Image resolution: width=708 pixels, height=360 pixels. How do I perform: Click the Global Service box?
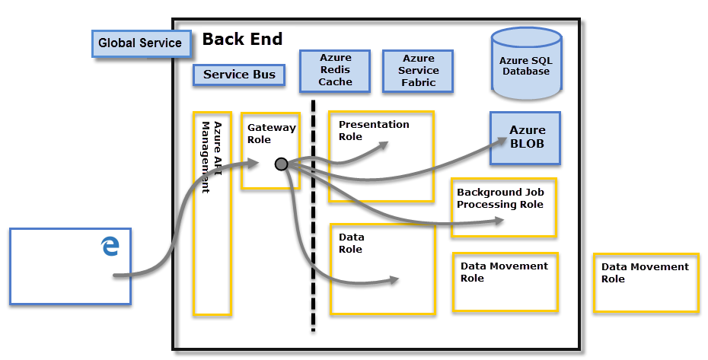coord(140,43)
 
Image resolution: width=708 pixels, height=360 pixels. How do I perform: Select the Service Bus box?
coord(238,75)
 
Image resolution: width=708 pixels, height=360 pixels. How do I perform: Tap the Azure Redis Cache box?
coord(335,72)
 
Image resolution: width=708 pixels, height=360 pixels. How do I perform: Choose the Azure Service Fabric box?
coord(418,71)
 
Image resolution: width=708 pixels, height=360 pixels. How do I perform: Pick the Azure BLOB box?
coord(526,137)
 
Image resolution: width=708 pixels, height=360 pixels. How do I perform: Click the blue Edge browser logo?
coord(110,246)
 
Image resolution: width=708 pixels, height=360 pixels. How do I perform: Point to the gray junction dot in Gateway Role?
coord(281,164)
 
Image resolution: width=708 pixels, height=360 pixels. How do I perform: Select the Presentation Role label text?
coord(373,130)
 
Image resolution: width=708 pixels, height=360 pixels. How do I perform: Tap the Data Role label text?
coord(352,243)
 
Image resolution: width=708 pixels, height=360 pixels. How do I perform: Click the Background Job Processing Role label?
coord(500,198)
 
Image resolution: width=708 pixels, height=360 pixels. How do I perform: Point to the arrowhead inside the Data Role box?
coord(394,280)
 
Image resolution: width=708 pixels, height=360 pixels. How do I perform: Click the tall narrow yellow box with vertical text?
coord(212,213)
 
